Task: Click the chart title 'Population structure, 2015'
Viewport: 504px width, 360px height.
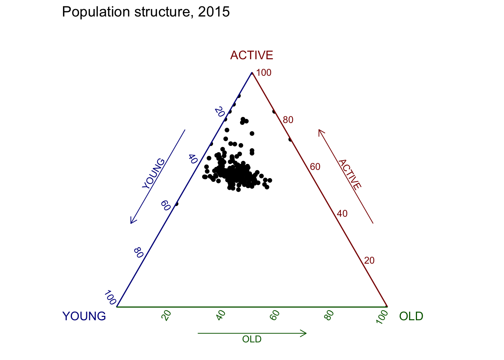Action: click(146, 12)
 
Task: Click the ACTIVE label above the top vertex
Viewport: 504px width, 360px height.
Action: click(252, 55)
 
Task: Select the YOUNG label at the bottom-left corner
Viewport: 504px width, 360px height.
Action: click(84, 316)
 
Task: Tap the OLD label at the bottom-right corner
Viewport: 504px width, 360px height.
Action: click(411, 316)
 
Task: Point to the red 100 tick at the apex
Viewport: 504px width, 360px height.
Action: click(264, 73)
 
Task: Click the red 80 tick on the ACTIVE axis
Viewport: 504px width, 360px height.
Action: click(288, 120)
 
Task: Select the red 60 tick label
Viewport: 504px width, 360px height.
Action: click(315, 167)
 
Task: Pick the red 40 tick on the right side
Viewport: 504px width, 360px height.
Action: click(342, 213)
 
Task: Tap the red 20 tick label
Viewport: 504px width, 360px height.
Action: click(369, 261)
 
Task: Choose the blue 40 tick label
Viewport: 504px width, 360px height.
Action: click(193, 159)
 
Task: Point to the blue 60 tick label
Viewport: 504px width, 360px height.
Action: click(166, 205)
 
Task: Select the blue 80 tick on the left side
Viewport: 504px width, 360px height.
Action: click(139, 253)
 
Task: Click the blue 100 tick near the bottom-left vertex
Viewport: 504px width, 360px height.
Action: click(110, 297)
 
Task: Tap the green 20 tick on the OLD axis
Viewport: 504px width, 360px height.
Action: click(166, 315)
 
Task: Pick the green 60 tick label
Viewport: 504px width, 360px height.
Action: click(274, 315)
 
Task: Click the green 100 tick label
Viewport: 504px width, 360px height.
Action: click(382, 317)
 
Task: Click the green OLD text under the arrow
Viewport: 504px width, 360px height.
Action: click(252, 339)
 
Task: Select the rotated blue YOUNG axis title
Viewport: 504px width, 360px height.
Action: click(153, 174)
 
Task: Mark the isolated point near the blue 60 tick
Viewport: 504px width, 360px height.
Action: click(176, 204)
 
